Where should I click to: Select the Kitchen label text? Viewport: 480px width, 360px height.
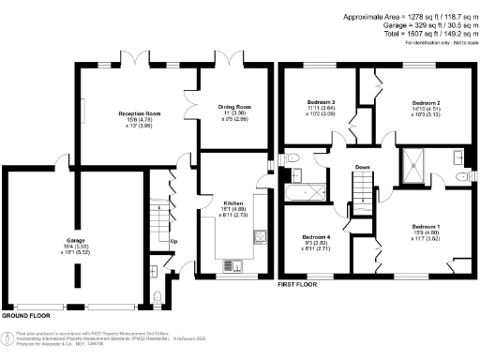pyautogui.click(x=232, y=202)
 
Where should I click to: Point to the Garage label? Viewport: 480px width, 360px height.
pyautogui.click(x=75, y=240)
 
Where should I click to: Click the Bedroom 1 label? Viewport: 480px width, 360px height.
pyautogui.click(x=426, y=226)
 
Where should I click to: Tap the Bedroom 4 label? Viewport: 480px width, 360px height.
pyautogui.click(x=316, y=237)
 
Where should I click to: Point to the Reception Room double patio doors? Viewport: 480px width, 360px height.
pyautogui.click(x=137, y=64)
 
